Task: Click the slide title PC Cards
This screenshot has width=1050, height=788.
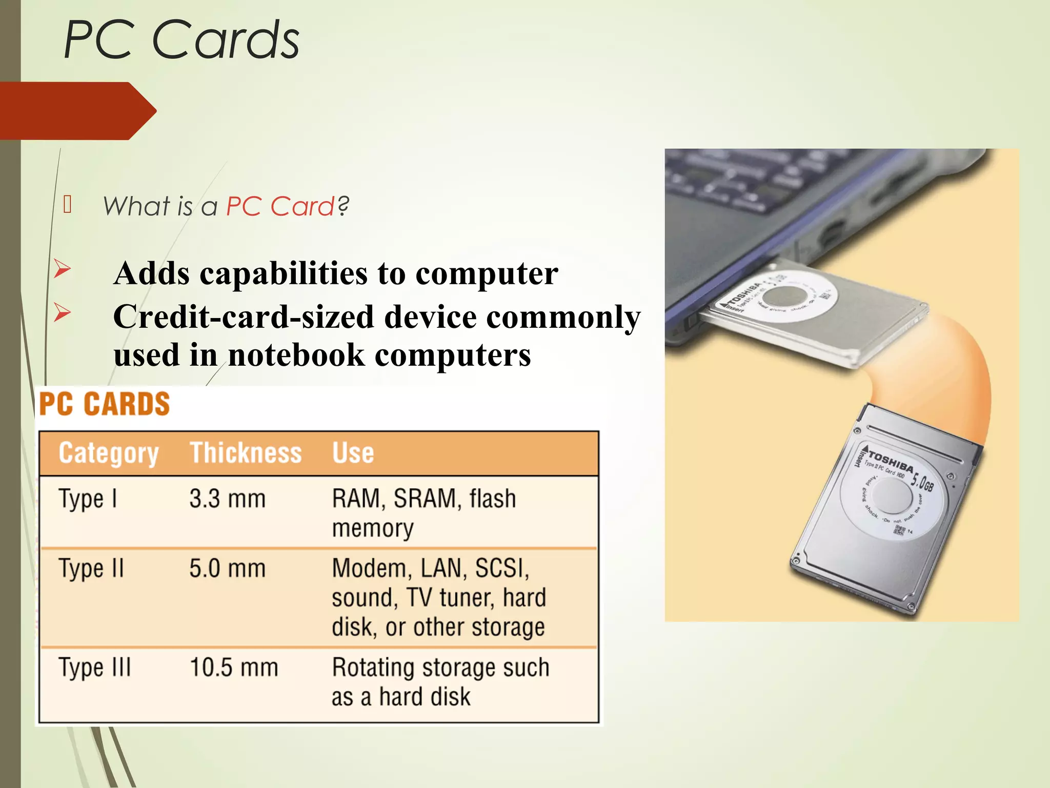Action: [x=181, y=40]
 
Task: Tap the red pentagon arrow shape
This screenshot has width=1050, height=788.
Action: [x=77, y=111]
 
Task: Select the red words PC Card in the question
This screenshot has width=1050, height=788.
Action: [x=280, y=206]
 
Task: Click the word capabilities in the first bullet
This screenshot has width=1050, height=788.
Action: [x=283, y=273]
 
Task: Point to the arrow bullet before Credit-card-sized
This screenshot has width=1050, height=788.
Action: [x=62, y=312]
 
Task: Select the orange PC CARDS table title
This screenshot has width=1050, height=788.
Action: [x=105, y=404]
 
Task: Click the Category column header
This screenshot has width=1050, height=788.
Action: [x=108, y=453]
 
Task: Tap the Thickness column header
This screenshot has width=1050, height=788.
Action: [x=246, y=453]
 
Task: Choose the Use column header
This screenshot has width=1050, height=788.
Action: [x=353, y=453]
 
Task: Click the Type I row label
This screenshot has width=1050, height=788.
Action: [x=88, y=499]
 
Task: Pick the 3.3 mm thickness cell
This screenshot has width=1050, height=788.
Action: [x=227, y=499]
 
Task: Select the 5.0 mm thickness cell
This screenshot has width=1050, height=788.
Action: [x=227, y=568]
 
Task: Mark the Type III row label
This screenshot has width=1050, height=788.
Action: [x=95, y=667]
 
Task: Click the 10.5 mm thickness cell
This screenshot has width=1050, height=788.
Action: [x=234, y=667]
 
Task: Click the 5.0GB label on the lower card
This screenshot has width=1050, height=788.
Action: [x=921, y=483]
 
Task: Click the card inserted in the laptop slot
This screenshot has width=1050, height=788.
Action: [x=815, y=313]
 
